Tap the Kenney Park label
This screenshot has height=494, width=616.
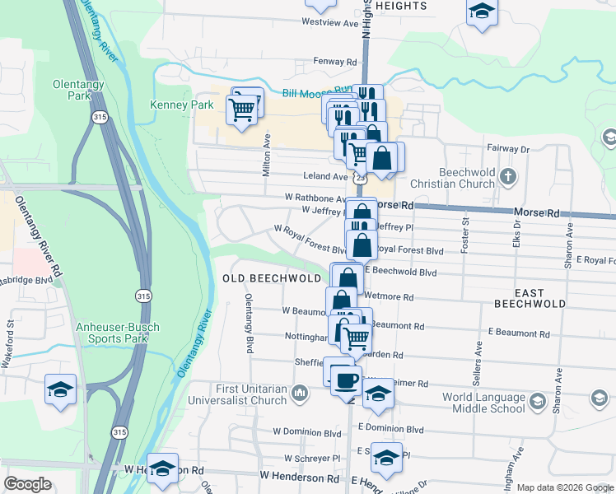point(181,105)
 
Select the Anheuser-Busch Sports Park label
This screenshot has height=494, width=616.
point(111,332)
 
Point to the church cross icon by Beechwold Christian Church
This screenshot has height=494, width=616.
point(509,175)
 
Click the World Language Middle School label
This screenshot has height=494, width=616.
point(483,403)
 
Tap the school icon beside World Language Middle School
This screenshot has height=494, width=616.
point(538,402)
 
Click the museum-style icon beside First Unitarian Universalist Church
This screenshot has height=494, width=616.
point(301,394)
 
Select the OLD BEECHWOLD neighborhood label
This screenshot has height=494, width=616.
point(271,279)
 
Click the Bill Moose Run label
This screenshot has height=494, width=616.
point(317,91)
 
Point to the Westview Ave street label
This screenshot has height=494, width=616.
point(331,23)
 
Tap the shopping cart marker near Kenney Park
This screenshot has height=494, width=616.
point(242,109)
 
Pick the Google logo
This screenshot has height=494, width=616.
point(28,484)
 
